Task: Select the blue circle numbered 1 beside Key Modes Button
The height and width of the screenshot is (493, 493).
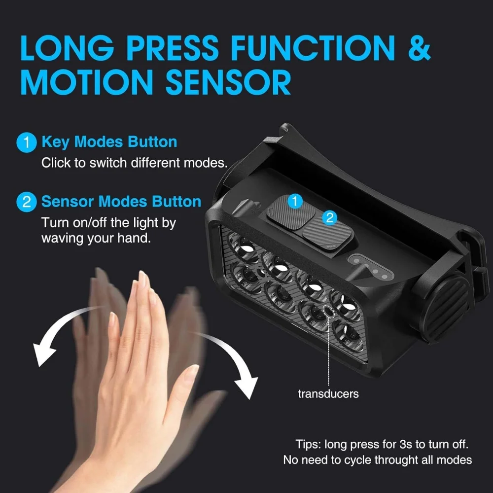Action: click(27, 142)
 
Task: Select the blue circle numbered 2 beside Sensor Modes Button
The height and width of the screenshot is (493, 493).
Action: click(27, 202)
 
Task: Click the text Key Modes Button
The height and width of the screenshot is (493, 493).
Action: click(109, 142)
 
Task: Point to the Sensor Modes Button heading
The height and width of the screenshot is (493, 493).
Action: click(121, 202)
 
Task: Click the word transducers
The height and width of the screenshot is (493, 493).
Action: click(328, 394)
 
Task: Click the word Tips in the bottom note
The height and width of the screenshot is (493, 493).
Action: click(309, 444)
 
